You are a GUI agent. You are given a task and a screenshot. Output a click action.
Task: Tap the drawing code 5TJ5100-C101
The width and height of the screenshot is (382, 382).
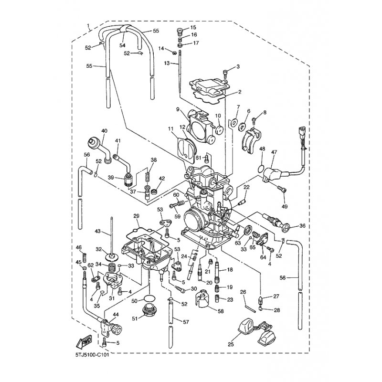click(92, 355)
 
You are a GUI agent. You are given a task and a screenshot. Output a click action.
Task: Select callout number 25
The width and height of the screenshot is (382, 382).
click(231, 344)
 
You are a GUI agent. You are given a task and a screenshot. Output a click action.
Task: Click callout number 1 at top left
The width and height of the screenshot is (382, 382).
click(88, 25)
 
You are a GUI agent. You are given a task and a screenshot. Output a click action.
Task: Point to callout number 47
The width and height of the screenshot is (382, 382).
click(274, 152)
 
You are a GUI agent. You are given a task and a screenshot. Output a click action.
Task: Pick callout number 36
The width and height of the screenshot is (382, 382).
click(302, 225)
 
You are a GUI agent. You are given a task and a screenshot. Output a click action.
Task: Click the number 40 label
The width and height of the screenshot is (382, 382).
click(104, 131)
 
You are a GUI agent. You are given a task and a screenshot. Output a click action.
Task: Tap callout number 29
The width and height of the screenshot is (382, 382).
click(136, 216)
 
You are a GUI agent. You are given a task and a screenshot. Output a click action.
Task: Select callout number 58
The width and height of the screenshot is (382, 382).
click(221, 311)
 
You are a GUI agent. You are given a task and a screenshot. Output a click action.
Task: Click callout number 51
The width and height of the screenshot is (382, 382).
click(135, 318)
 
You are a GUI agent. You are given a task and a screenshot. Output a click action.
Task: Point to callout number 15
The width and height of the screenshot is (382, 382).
click(193, 27)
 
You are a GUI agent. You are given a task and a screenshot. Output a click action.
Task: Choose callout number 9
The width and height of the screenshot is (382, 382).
click(178, 109)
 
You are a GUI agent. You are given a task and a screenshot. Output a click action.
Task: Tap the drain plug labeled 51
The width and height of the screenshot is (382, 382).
click(149, 311)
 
